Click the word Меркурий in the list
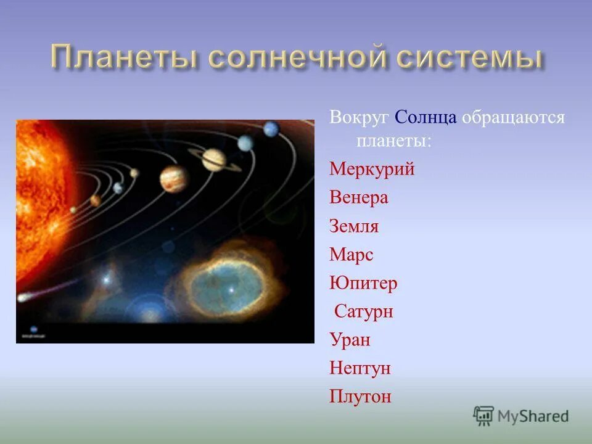point(372,170)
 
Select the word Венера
point(359,198)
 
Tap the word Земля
point(354,226)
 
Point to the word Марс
point(351,255)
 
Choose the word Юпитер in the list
point(363,284)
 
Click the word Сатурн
point(364,311)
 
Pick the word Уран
point(350,340)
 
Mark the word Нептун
point(360,369)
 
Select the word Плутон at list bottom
point(360,397)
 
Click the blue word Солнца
point(425,117)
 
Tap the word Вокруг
point(359,118)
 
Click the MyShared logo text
point(533,416)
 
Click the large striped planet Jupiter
point(175,178)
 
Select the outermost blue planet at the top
point(271,129)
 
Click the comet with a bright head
point(23,298)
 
